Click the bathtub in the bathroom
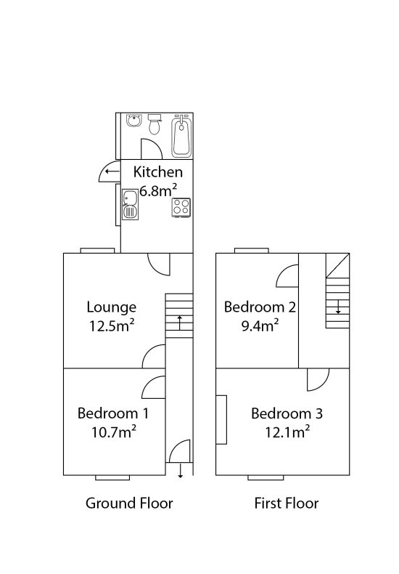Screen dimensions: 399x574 pos(181,135)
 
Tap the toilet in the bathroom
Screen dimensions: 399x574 pos(155,124)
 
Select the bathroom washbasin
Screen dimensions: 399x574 pos(134,121)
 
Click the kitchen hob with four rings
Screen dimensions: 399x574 pos(181,207)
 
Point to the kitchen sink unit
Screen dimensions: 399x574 pos(130,204)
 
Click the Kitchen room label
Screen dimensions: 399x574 pos(158,172)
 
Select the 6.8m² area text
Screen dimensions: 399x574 pos(158,190)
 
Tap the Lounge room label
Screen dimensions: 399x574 pos(112,307)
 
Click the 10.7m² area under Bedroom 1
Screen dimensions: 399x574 pos(114,432)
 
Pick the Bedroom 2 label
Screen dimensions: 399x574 pos(260,307)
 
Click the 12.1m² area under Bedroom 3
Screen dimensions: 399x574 pos(287,432)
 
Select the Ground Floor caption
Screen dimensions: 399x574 pos(129,504)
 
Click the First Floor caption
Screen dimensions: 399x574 pos(287,504)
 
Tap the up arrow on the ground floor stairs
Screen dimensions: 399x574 pos(179,323)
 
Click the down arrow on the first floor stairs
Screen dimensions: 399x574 pos(338,307)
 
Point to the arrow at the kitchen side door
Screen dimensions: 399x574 pos(112,171)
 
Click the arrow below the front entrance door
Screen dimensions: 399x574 pos(180,471)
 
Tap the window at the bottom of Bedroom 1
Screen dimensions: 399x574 pos(112,477)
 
